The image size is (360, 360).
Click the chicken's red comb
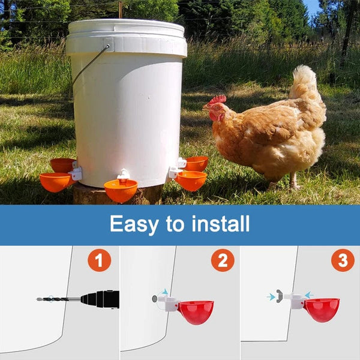coord(218,99)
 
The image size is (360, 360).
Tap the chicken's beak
coord(205,107)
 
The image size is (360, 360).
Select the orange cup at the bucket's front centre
coord(121,191)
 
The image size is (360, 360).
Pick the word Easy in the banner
coord(135,224)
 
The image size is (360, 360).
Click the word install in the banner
coord(218,224)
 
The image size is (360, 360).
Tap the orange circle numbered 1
coord(99,260)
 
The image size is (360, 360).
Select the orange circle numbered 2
coord(222,260)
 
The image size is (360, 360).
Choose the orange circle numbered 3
coord(343,260)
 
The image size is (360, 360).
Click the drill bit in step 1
coord(58,299)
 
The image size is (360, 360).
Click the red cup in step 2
coord(196,311)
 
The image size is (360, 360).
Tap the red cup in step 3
coord(322,309)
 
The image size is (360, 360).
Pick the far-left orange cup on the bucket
coord(55,182)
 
